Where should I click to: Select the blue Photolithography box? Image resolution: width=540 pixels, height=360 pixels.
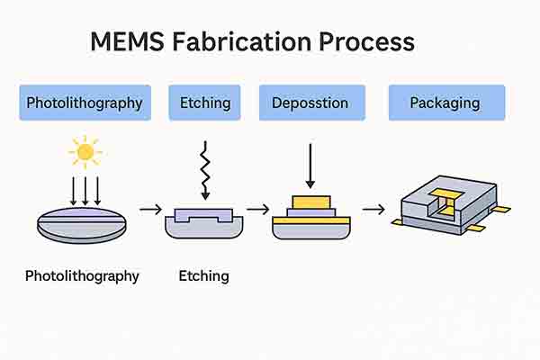[x=85, y=103]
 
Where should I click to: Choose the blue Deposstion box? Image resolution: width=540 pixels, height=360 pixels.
[x=310, y=103]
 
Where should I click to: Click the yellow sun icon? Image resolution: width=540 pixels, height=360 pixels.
[x=85, y=152]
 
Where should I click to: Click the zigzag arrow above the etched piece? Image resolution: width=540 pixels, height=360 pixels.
[x=204, y=168]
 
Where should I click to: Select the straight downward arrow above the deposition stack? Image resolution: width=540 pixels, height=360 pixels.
[x=310, y=165]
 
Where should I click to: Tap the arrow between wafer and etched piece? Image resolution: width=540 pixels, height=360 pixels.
[x=151, y=210]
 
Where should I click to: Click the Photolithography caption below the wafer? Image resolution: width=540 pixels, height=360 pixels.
[x=82, y=275]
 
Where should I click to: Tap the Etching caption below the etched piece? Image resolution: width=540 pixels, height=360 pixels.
[x=204, y=275]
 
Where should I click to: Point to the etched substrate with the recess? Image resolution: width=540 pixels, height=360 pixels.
[x=204, y=222]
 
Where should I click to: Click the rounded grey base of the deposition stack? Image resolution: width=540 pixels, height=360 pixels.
[x=310, y=230]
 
